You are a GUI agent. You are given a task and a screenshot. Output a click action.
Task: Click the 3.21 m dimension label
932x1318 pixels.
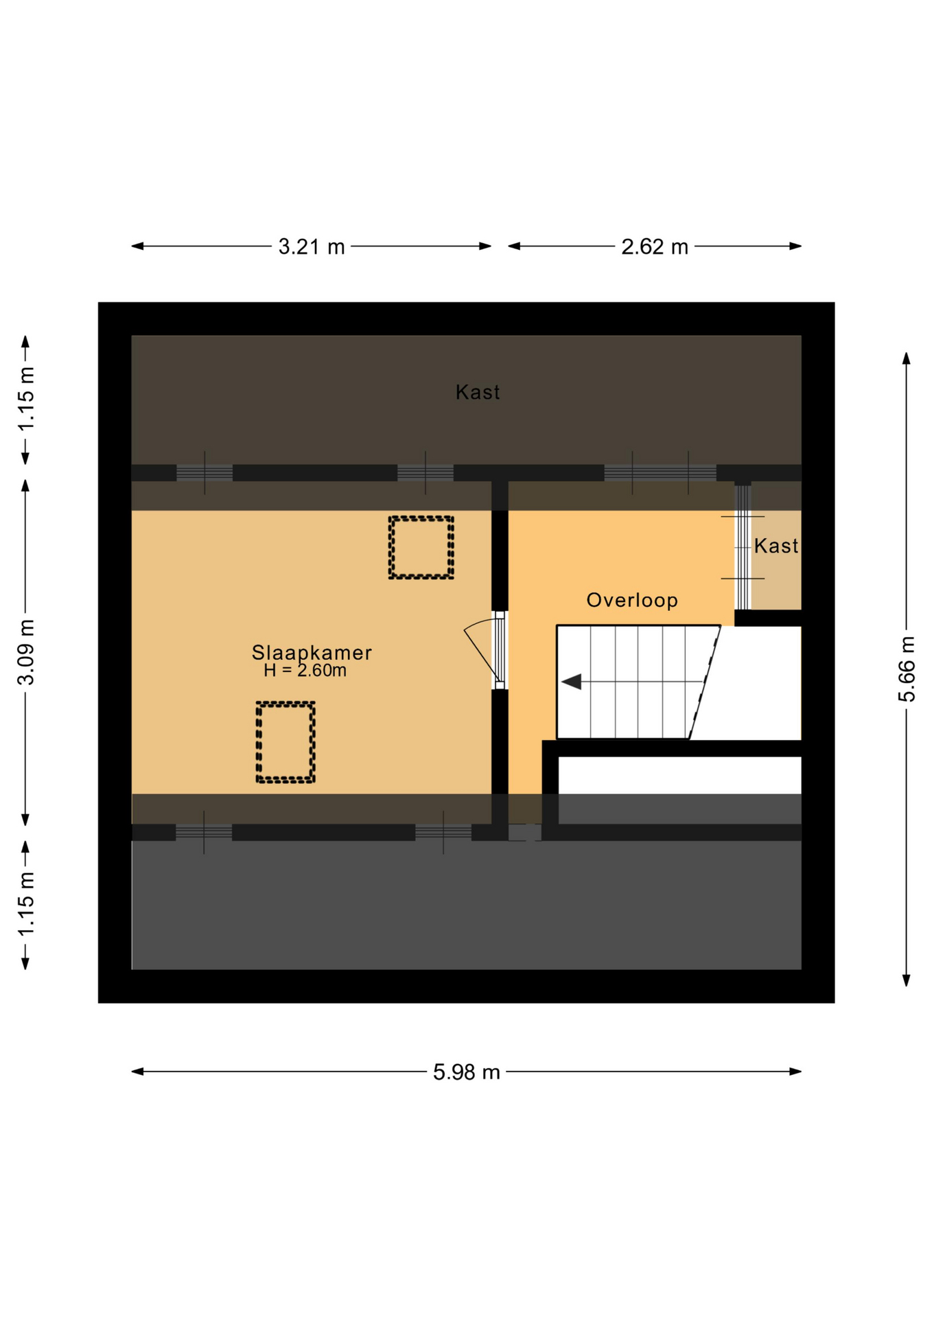[312, 246]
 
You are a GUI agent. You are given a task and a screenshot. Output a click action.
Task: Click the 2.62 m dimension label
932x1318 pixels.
[655, 246]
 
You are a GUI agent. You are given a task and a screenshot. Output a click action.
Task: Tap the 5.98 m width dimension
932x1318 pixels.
[467, 1072]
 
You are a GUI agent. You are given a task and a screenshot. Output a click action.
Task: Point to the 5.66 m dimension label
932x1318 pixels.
[907, 669]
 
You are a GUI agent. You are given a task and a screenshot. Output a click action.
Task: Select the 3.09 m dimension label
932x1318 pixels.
[26, 652]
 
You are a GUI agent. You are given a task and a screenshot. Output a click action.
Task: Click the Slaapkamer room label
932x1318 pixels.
[312, 652]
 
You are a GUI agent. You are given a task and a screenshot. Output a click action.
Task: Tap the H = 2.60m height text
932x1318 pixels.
[305, 671]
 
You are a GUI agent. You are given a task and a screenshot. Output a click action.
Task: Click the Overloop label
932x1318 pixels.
[632, 600]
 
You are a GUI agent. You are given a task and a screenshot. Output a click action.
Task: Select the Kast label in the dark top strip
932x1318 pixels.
[478, 392]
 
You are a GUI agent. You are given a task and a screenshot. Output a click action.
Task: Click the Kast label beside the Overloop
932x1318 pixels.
[776, 546]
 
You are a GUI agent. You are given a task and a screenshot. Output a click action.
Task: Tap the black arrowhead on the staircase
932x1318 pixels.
[572, 682]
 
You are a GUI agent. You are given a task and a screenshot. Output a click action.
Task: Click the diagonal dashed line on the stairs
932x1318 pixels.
[705, 682]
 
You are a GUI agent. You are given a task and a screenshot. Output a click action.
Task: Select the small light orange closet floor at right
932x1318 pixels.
[776, 559]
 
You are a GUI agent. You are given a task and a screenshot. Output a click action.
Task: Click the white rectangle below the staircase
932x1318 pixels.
[679, 775]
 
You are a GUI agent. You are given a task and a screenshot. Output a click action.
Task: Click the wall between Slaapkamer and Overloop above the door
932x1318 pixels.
[500, 546]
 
